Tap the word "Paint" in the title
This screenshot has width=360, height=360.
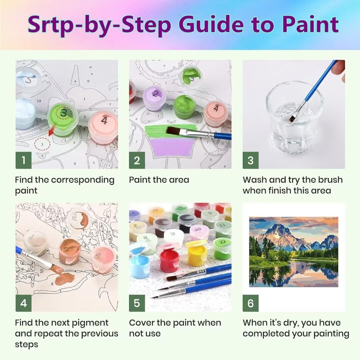point(311,24)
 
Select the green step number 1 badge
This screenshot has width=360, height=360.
point(23,160)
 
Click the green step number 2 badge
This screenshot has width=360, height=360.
point(137,160)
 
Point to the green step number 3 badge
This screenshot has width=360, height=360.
point(250,160)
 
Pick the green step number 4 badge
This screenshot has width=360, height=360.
point(23,303)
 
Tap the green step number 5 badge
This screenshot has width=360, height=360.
point(137,303)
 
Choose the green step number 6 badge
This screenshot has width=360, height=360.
point(250,303)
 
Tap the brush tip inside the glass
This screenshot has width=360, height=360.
point(292,119)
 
